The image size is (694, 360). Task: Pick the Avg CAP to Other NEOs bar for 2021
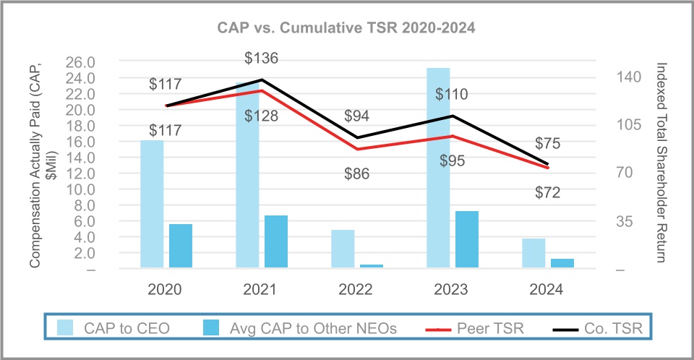[276, 242]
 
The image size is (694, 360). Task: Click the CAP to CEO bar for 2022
[343, 249]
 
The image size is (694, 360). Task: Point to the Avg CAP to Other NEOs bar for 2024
[562, 264]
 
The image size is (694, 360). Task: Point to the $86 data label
[356, 173]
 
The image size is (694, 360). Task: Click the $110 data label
[451, 94]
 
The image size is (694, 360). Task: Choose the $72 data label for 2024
[547, 192]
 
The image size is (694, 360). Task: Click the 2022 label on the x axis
[356, 289]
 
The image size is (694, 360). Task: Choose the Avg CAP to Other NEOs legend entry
[313, 328]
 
